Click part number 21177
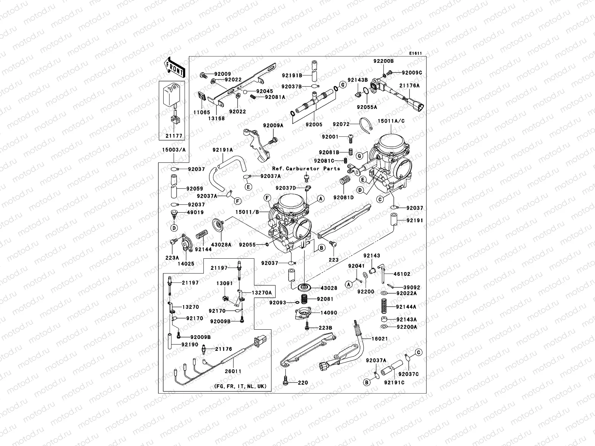(x=174, y=136)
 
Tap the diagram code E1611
(x=415, y=54)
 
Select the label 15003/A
(x=173, y=150)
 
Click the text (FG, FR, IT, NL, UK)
(x=240, y=386)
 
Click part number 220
(x=303, y=382)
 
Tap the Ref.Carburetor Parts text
(x=306, y=168)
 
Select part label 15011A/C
(x=391, y=121)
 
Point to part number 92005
(x=314, y=125)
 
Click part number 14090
(x=329, y=313)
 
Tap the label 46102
(x=402, y=274)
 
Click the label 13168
(x=216, y=119)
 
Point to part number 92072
(x=341, y=124)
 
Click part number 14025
(x=186, y=264)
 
